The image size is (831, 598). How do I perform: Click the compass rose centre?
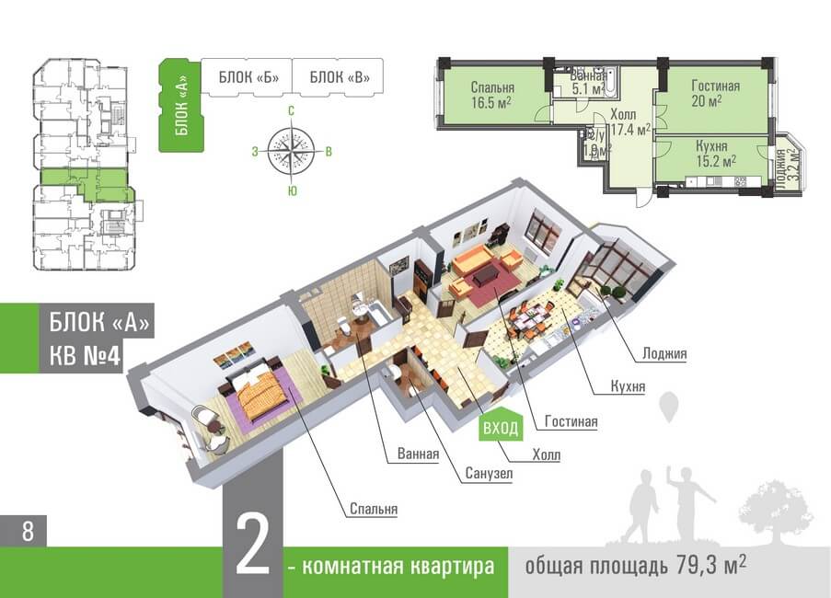tap(291, 150)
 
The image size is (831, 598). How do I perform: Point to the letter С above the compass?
tap(291, 111)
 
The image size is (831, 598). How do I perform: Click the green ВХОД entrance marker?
tap(502, 427)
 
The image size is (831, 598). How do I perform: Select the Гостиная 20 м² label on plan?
tap(716, 93)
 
